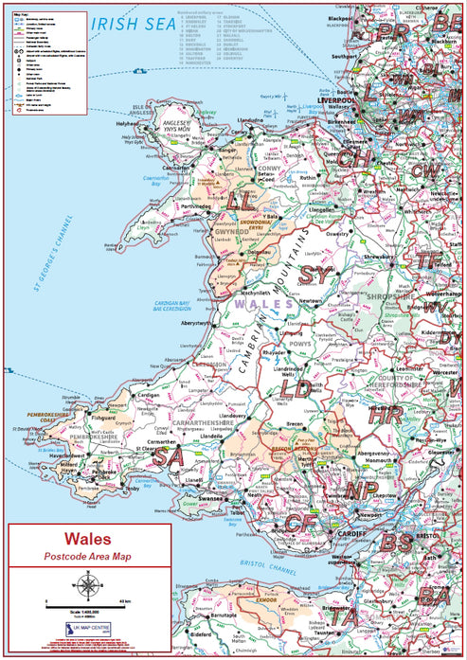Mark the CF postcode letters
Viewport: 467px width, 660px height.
tap(301, 525)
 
